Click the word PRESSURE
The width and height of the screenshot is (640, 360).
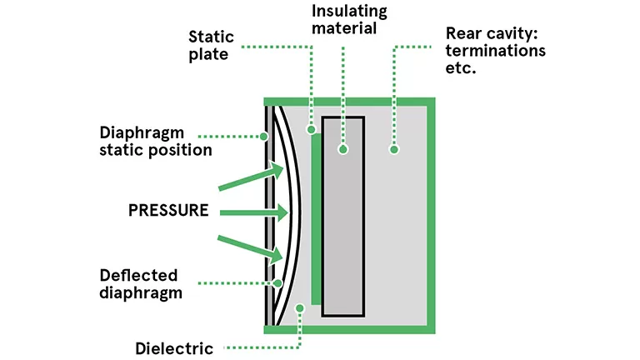pos(168,210)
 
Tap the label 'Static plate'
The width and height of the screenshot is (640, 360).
pos(211,47)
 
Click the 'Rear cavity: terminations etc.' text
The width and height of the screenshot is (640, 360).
pos(495,50)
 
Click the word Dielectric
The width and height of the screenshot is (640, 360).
pos(174,347)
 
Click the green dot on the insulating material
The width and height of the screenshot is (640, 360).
pos(342,150)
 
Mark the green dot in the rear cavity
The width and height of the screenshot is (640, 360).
pos(394,150)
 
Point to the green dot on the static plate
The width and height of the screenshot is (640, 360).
pos(311,130)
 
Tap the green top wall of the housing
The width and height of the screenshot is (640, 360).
pos(350,102)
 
